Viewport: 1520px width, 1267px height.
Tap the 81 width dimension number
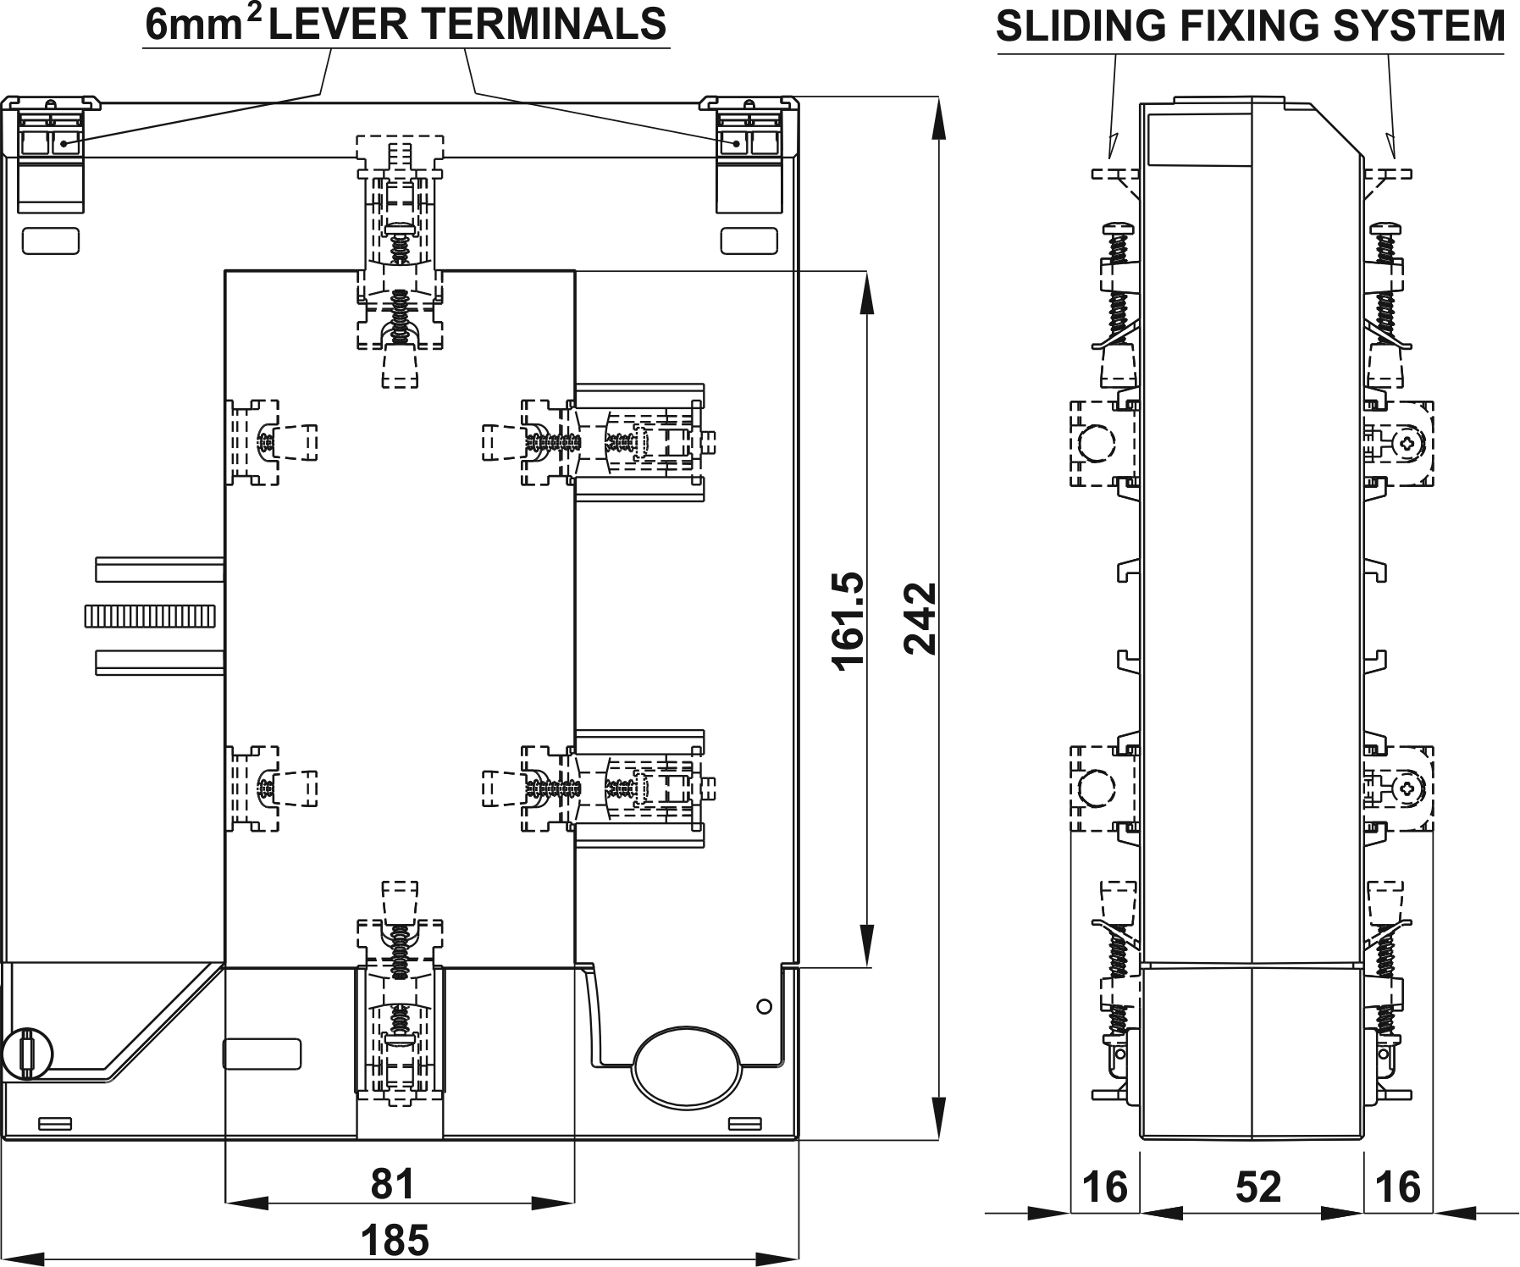pyautogui.click(x=394, y=1184)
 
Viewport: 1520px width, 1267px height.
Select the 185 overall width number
pyautogui.click(x=395, y=1241)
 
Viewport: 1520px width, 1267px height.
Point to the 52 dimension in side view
pyautogui.click(x=1257, y=1187)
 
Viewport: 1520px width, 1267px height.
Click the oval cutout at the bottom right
pyautogui.click(x=687, y=1065)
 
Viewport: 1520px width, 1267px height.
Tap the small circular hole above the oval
pyautogui.click(x=764, y=1006)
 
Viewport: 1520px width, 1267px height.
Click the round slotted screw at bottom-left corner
pyautogui.click(x=28, y=1054)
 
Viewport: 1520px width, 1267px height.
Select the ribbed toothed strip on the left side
pyautogui.click(x=151, y=616)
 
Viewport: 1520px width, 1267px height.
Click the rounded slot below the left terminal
pyautogui.click(x=51, y=241)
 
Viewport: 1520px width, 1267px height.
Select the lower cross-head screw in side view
pyautogui.click(x=1408, y=788)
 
